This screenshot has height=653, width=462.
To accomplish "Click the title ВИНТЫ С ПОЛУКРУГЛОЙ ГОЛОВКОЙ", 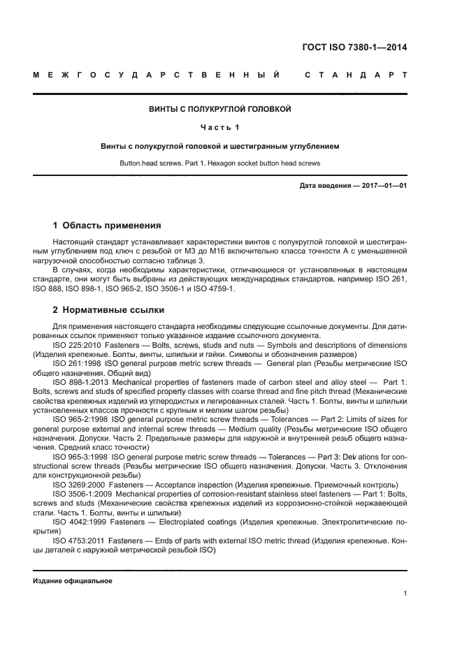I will click(x=219, y=110).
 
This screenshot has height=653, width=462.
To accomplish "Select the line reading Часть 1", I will click(x=219, y=128).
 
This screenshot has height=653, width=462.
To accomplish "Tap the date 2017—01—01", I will click(x=383, y=185).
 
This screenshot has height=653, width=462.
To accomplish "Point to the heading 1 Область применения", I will click(x=107, y=226).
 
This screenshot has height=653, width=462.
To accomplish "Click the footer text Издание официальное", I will click(x=73, y=580).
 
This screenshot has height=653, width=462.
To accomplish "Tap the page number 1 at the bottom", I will click(x=405, y=594).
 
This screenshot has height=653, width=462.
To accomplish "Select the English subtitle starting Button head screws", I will click(x=219, y=163).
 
